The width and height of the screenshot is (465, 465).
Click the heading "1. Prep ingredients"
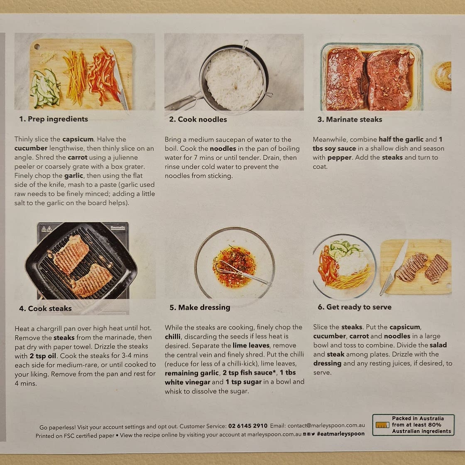(x=54, y=119)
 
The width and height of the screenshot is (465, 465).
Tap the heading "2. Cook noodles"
(x=198, y=119)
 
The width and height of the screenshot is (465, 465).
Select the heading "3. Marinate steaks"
(x=350, y=119)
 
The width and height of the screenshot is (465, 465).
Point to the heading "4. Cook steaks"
(x=45, y=308)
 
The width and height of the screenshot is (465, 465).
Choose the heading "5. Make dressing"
(x=200, y=308)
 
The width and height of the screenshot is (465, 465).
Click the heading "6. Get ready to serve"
(x=355, y=307)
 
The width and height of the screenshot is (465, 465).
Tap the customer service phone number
(x=247, y=426)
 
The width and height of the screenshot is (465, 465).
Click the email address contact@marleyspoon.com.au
(x=326, y=425)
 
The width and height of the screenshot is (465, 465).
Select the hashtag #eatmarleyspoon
(x=341, y=433)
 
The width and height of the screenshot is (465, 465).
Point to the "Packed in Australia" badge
(x=413, y=425)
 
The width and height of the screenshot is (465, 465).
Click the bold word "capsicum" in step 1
(x=78, y=139)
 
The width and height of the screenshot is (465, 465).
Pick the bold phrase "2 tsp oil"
(x=43, y=355)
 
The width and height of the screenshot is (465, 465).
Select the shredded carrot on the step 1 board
(x=75, y=78)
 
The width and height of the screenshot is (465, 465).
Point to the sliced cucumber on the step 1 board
(x=45, y=88)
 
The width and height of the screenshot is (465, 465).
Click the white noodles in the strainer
(x=234, y=80)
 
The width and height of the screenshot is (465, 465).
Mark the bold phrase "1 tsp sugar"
(x=243, y=382)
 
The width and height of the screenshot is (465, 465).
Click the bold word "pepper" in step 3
(x=339, y=157)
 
